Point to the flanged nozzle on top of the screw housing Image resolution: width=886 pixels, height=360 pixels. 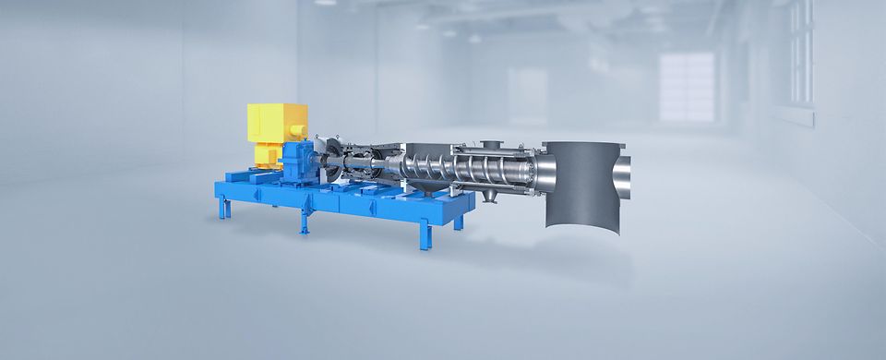pos(487,143)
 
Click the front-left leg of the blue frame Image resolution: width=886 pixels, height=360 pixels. pos(221,209)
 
